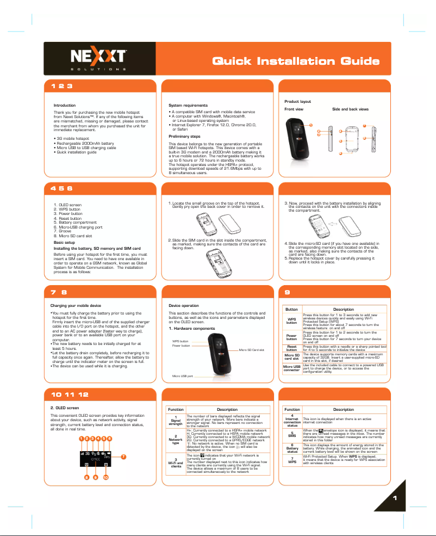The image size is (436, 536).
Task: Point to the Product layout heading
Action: tap(298, 102)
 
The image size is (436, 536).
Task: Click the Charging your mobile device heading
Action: tap(75, 306)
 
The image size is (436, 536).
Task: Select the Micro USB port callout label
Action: tap(183, 376)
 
